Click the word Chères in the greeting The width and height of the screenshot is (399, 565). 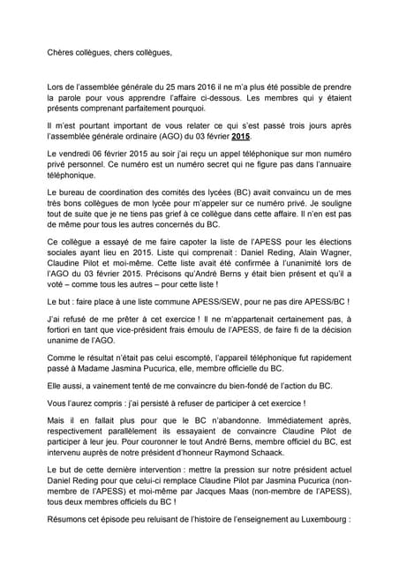pyautogui.click(x=62, y=53)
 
